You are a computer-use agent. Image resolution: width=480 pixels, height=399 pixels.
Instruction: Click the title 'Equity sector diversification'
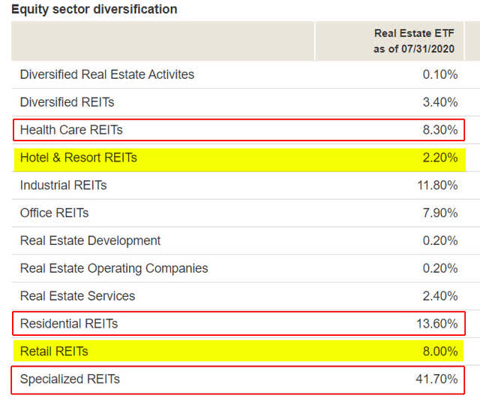coord(94,10)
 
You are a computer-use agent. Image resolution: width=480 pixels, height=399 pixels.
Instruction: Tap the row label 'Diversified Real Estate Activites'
coord(106,74)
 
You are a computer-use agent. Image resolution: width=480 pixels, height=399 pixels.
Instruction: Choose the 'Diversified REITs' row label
coord(67,102)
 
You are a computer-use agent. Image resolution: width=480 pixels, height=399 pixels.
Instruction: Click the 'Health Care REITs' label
coord(71,130)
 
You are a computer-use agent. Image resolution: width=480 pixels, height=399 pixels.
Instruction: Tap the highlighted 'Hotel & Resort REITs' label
coord(79,158)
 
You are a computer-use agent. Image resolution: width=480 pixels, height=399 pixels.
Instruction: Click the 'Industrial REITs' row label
coord(63,185)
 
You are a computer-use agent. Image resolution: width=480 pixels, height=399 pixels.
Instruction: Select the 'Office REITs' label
coord(54,213)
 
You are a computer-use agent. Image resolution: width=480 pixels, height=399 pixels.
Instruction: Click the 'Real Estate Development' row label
coord(90,240)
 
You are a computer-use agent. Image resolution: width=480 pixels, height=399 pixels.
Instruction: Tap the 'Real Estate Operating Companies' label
coord(114,268)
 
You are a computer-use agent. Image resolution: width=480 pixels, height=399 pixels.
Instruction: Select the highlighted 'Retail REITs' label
coord(54,351)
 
